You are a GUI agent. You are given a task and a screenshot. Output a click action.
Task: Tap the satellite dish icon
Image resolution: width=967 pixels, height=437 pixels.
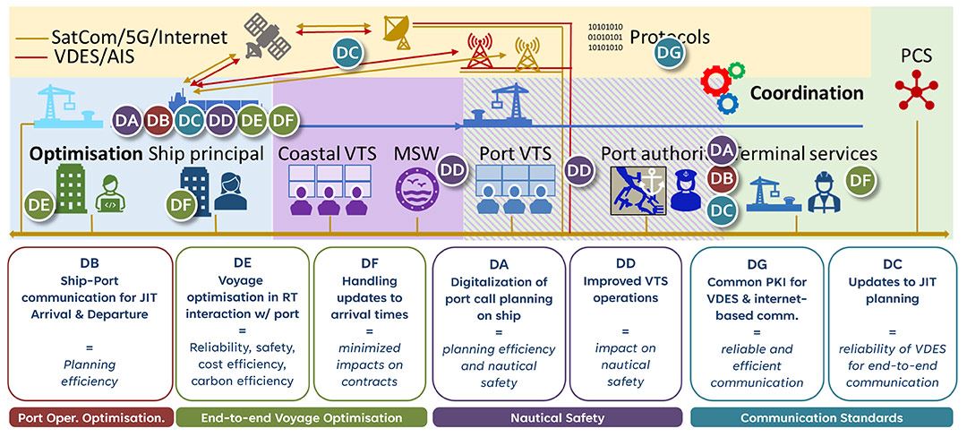(397, 29)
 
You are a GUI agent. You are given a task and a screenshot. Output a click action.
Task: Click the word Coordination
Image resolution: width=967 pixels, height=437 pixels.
(806, 93)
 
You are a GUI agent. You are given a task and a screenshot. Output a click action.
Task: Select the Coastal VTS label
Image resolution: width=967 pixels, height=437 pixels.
(327, 153)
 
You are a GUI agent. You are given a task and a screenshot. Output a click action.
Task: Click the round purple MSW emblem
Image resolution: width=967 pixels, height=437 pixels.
(415, 190)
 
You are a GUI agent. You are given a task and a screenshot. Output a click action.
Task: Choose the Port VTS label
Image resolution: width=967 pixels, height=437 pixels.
(515, 153)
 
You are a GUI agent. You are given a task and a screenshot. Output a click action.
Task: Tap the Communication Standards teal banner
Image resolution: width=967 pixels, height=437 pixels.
(820, 417)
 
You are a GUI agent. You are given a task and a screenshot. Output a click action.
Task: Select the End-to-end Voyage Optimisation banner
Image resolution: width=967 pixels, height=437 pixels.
(301, 417)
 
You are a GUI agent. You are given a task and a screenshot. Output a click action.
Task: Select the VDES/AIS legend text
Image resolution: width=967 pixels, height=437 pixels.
(98, 60)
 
